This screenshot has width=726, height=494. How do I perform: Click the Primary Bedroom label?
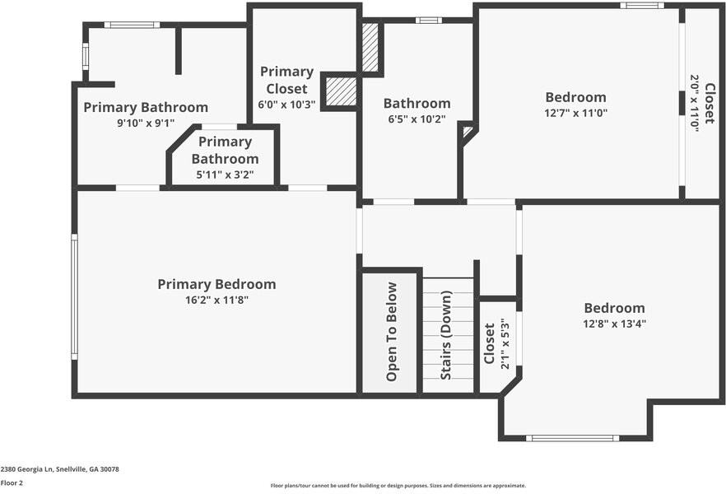(216, 284)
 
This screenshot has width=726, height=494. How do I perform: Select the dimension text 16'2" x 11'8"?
(216, 301)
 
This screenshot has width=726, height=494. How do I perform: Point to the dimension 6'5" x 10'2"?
(417, 119)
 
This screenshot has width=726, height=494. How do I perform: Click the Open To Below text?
(392, 332)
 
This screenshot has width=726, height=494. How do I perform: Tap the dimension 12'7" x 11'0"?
(575, 113)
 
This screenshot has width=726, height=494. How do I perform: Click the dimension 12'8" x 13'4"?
(614, 324)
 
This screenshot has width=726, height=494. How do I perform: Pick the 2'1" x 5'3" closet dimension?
(503, 343)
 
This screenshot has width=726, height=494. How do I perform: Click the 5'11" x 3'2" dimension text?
(225, 175)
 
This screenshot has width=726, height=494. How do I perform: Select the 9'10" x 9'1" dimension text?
(146, 123)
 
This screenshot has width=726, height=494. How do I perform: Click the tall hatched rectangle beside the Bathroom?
(370, 47)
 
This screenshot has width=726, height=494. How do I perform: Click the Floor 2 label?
(12, 483)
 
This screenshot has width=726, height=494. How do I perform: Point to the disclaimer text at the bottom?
(398, 485)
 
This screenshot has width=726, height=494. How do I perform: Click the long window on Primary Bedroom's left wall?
(73, 296)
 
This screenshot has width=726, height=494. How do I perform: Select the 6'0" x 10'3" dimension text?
(286, 105)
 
